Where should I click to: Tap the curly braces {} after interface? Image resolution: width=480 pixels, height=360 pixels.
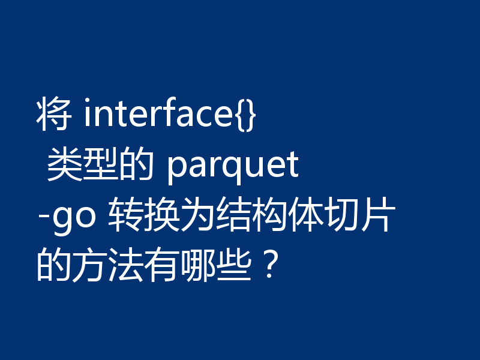[245, 116]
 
